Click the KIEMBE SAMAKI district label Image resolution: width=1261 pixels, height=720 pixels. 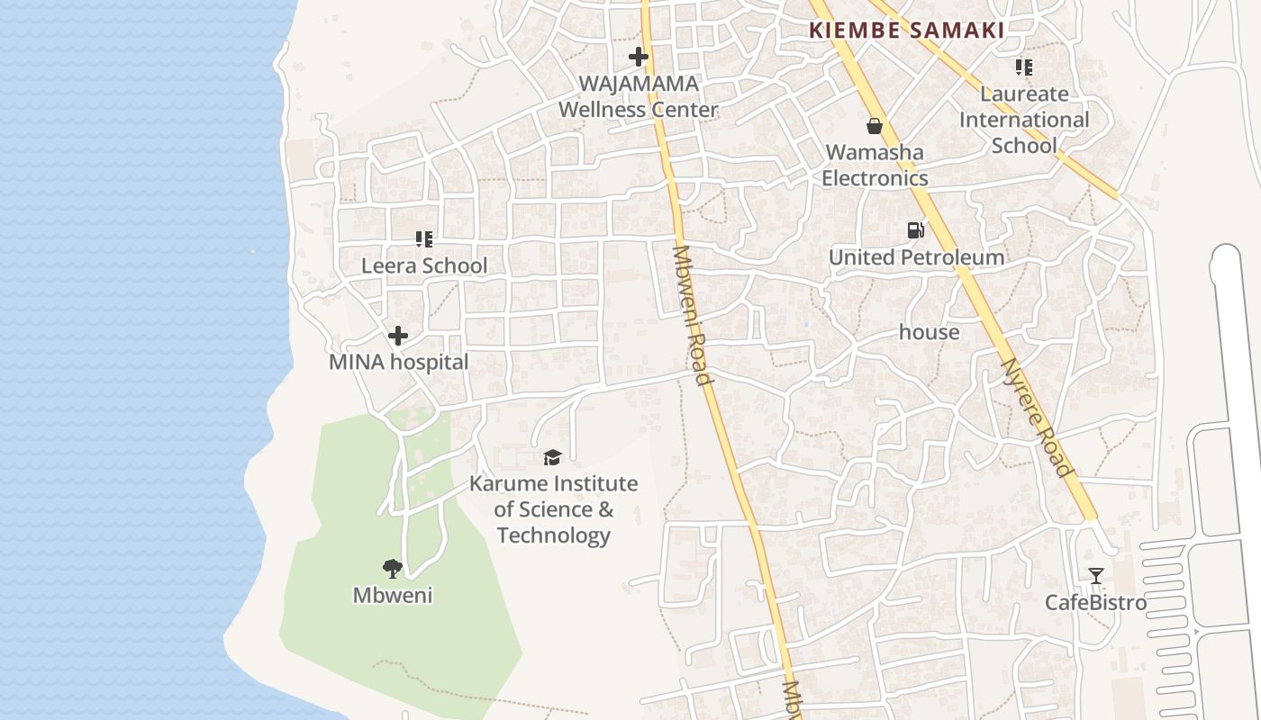click(x=906, y=30)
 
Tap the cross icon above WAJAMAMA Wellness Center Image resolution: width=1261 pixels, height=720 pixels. click(x=639, y=57)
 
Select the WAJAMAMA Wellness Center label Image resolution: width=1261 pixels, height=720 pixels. click(x=639, y=96)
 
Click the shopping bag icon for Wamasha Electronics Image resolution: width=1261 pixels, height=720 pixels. click(x=874, y=126)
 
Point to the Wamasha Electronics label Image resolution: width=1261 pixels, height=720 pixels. click(x=875, y=165)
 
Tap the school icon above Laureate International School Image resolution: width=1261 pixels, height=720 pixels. click(x=1023, y=67)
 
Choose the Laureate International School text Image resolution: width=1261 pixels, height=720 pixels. click(x=1024, y=119)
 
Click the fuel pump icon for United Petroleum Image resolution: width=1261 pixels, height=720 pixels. click(x=915, y=230)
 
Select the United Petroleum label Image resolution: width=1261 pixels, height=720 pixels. click(x=916, y=257)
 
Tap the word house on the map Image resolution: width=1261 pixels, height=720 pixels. click(x=929, y=332)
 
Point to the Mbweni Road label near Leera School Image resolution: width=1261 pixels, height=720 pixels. click(x=692, y=314)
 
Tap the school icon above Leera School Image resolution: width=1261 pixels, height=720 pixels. click(x=424, y=239)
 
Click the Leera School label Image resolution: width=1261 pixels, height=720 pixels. click(x=424, y=265)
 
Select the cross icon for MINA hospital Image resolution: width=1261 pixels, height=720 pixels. click(x=398, y=336)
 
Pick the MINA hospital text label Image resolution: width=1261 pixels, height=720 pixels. click(x=398, y=362)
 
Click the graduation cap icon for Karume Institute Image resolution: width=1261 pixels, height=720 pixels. click(x=552, y=458)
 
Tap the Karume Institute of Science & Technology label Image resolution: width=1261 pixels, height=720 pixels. click(x=553, y=509)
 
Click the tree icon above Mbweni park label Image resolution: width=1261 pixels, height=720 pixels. click(x=392, y=568)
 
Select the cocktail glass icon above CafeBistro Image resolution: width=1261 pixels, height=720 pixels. click(x=1095, y=576)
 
